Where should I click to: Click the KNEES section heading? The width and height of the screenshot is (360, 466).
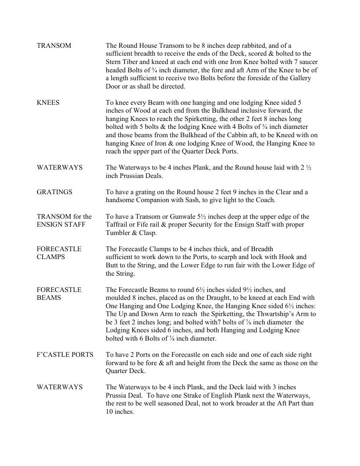(48, 103)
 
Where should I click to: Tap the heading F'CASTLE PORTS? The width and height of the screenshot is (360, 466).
(65, 354)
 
